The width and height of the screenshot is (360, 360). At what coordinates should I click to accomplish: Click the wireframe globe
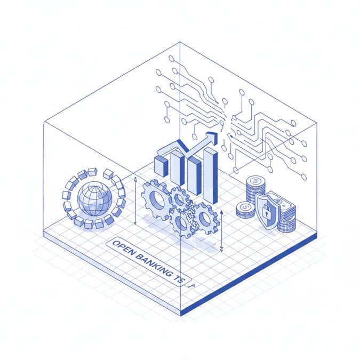pos(95,199)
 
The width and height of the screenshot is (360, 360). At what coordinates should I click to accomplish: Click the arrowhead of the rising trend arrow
pos(212,137)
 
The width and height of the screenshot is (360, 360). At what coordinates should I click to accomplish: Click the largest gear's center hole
pos(157,200)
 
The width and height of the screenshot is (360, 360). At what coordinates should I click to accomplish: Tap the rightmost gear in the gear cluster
pos(205,218)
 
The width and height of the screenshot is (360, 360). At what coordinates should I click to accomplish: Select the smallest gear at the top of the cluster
pos(179,199)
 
